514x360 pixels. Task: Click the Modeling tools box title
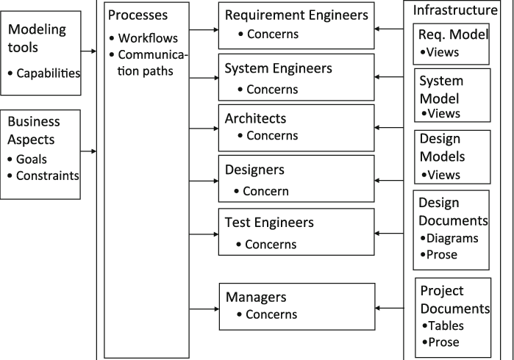37,38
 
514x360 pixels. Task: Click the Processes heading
138,15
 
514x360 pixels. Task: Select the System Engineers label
278,68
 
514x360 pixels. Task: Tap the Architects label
255,118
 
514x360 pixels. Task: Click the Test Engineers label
269,222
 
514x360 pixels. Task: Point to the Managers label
255,298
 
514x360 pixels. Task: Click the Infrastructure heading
454,10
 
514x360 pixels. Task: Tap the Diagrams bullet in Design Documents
451,238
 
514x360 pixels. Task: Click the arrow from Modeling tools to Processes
89,51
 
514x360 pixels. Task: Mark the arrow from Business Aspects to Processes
89,152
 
